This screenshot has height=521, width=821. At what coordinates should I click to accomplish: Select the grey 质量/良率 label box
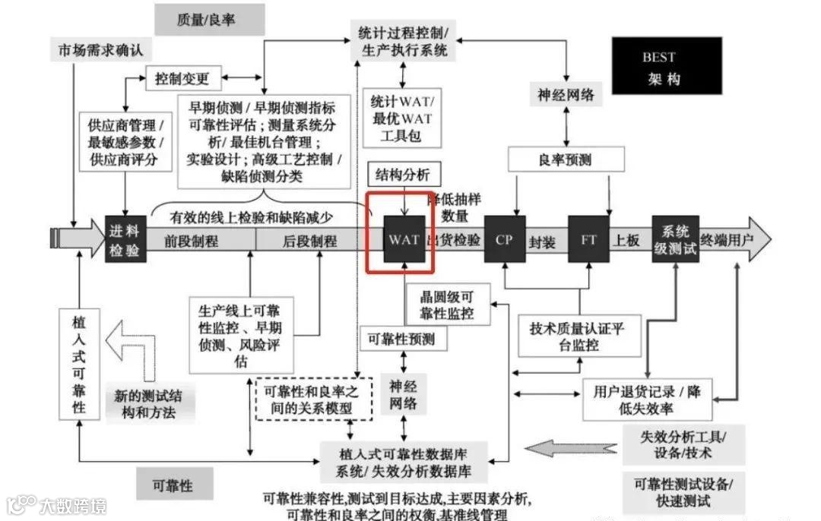pyautogui.click(x=209, y=20)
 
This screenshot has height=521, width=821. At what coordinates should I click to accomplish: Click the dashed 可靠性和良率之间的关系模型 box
pyautogui.click(x=314, y=399)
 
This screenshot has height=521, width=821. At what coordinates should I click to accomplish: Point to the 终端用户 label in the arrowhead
pyautogui.click(x=727, y=240)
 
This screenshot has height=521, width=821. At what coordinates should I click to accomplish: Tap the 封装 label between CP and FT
pyautogui.click(x=542, y=242)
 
